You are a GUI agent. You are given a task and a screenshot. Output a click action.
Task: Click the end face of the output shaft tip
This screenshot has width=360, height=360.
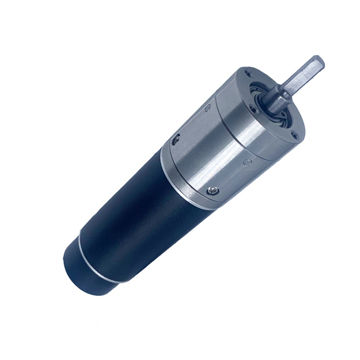click(318, 63)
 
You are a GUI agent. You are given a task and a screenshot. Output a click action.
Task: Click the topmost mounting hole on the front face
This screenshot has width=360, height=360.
click(250, 73)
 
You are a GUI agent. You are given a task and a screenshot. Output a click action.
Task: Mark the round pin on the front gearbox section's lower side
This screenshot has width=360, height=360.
click(248, 162)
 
